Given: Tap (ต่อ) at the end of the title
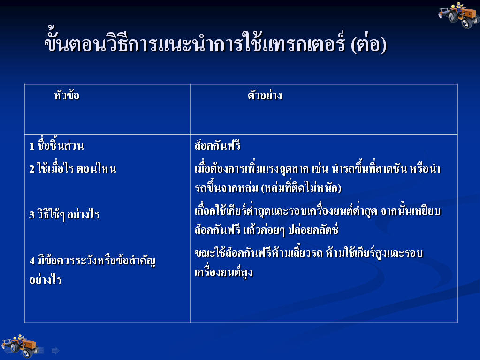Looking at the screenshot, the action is tap(369, 44).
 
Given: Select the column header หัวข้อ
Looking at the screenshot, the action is tap(67, 95).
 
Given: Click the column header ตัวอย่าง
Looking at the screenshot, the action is tap(265, 95).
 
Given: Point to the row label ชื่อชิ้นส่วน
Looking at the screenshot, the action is tap(61, 144).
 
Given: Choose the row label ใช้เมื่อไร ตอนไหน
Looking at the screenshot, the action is tap(76, 168).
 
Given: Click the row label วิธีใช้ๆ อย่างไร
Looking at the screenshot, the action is tap(69, 214).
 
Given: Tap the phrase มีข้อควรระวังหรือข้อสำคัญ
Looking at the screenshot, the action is tap(97, 261).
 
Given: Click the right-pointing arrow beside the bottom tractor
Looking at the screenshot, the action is tap(55, 351).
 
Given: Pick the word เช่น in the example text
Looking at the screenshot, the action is tap(320, 168).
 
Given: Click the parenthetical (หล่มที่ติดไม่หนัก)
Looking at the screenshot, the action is tap(302, 187).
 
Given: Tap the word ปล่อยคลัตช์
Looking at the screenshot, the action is tap(313, 230).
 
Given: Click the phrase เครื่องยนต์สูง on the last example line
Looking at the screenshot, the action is tap(223, 272).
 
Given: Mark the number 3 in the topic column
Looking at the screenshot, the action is tap(32, 215).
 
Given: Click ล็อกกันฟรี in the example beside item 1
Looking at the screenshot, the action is tap(217, 145).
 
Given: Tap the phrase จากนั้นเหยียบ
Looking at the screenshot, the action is tap(411, 211).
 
